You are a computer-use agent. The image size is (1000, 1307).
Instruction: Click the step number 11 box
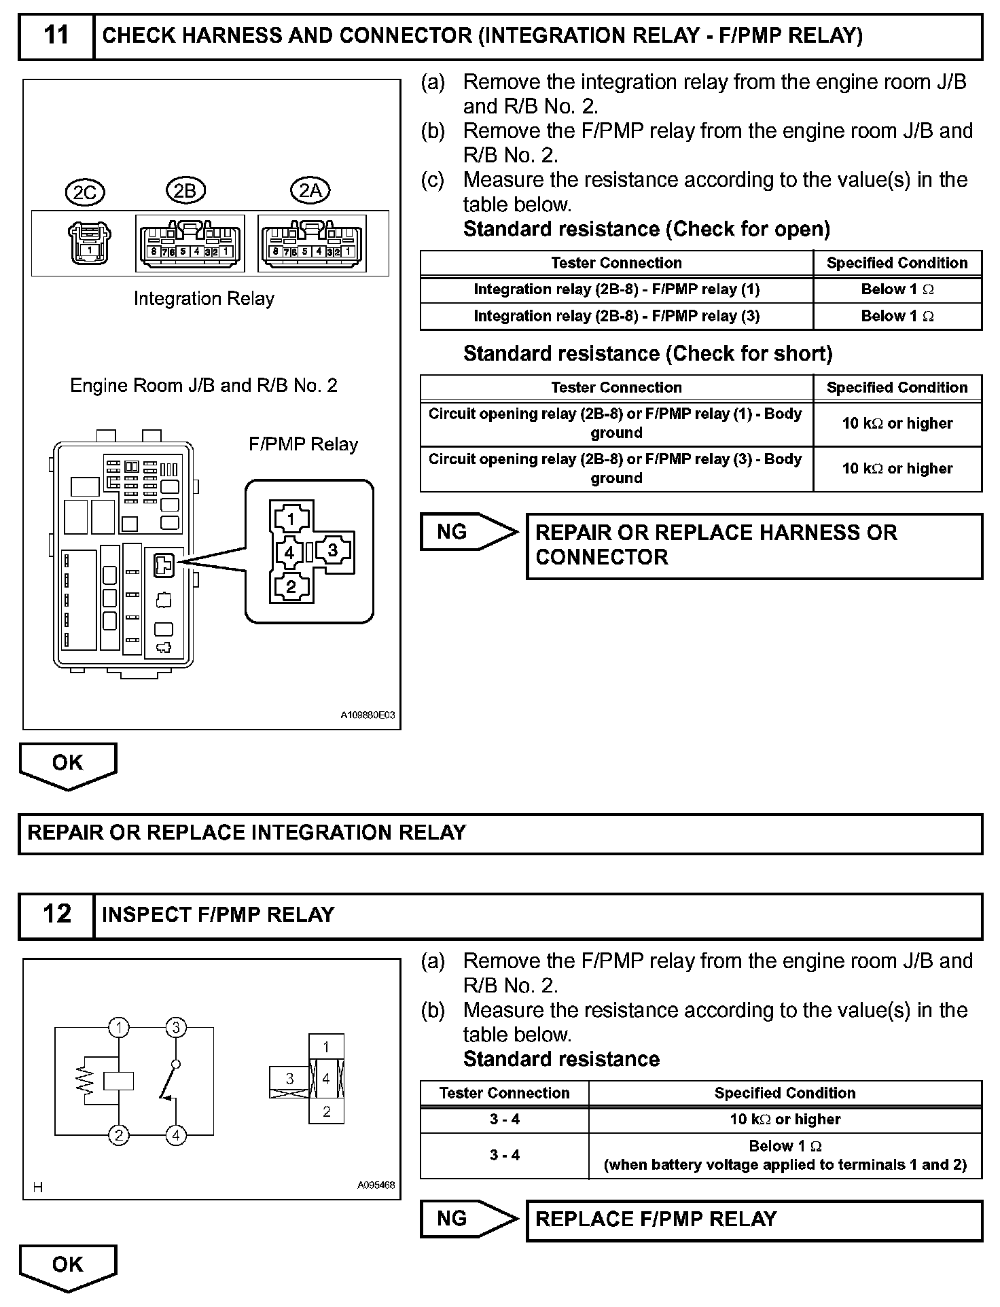coord(56,35)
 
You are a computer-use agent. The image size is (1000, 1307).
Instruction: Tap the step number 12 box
coord(56,914)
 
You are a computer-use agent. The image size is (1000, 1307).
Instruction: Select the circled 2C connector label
coord(85,192)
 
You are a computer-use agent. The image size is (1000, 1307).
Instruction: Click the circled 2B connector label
coord(185,191)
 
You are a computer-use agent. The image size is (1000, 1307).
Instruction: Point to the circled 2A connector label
coord(310,191)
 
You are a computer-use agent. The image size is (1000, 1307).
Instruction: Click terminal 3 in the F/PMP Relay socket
coord(332,550)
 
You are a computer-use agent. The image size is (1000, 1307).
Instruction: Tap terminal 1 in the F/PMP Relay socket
coord(291,520)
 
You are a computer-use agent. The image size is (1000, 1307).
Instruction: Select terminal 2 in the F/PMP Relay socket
coord(291,586)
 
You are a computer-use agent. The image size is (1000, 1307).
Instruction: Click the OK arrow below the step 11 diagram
coord(68,764)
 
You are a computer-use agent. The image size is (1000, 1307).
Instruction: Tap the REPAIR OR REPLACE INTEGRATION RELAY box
coord(500,834)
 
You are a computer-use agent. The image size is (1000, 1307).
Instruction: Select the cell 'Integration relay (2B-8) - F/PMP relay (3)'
coord(616,316)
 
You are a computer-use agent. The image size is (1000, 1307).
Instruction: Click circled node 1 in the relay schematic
coord(119,1027)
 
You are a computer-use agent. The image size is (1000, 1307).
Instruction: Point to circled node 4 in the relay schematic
coord(176,1134)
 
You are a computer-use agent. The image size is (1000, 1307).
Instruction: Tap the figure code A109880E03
coord(368,715)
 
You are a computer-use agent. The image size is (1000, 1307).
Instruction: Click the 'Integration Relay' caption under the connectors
coord(204,299)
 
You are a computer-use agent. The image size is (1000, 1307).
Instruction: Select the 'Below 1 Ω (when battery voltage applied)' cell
coord(785,1155)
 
